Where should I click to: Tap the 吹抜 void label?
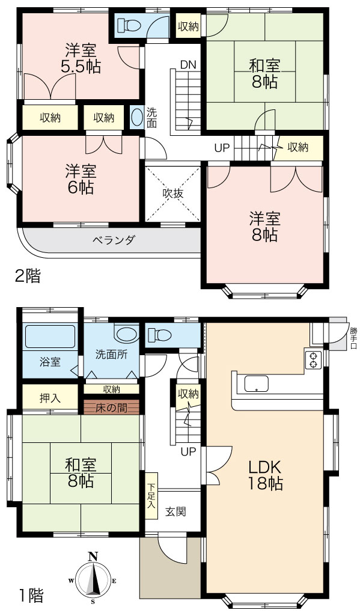coord(173,193)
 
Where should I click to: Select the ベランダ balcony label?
coord(114,240)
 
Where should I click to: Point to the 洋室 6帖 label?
coord(81,180)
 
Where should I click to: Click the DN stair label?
coord(188,64)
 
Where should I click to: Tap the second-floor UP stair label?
coord(222,148)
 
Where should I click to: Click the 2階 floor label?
coord(28,276)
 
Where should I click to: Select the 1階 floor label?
coord(31,596)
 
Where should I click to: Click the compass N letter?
coord(93,556)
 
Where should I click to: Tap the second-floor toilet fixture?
coord(129,25)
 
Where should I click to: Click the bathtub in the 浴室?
coord(50,336)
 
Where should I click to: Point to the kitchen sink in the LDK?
coord(257,383)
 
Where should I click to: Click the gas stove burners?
coord(313,359)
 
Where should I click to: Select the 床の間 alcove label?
coord(111,407)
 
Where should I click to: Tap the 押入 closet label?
coord(50,398)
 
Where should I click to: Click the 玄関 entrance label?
coord(175,511)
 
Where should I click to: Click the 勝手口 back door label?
coord(353,338)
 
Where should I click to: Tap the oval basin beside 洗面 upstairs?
coord(136,117)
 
